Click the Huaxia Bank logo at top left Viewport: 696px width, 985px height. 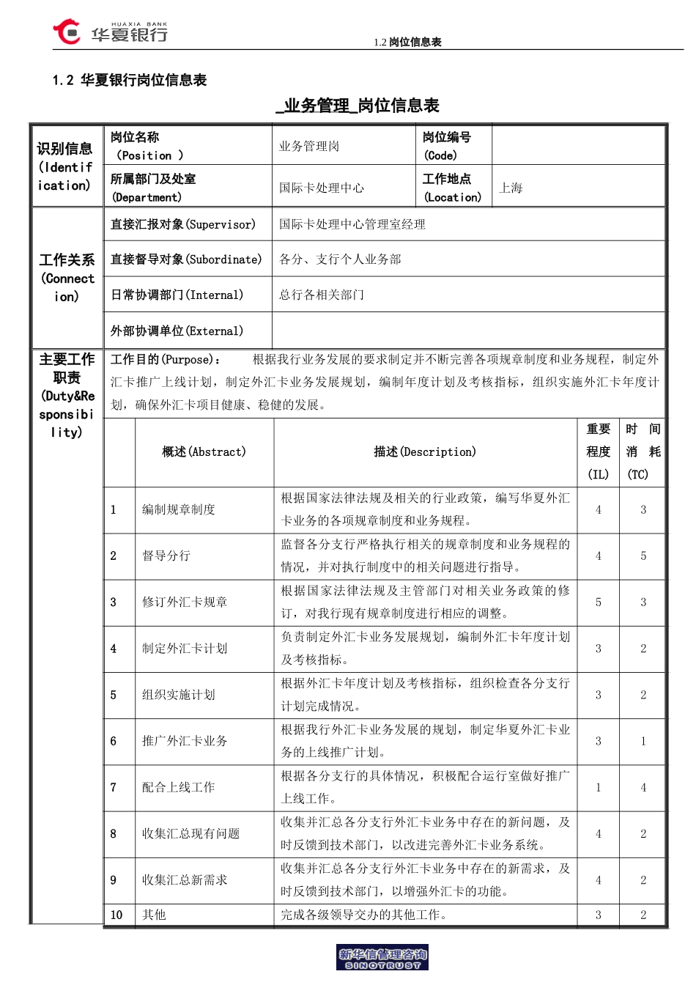click(x=110, y=33)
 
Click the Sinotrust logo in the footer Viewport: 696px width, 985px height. click(x=382, y=958)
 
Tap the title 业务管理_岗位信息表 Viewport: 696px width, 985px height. click(x=358, y=106)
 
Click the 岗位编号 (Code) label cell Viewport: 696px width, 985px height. click(x=447, y=146)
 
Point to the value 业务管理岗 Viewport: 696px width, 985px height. click(x=309, y=147)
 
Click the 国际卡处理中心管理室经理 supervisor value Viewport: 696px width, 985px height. click(x=352, y=224)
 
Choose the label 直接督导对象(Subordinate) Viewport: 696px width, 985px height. click(x=186, y=259)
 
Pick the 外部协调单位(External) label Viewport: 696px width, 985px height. click(x=177, y=331)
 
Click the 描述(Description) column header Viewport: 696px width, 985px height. click(x=425, y=452)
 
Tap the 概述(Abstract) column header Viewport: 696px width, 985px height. click(x=204, y=452)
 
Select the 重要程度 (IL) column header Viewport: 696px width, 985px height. click(x=598, y=451)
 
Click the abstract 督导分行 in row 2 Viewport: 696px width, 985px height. click(x=166, y=556)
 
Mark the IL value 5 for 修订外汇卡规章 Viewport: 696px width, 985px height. click(x=599, y=602)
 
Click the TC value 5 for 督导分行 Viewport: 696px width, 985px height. click(x=643, y=556)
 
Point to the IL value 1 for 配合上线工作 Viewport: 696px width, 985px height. click(x=599, y=788)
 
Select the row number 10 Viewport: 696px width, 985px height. click(x=116, y=915)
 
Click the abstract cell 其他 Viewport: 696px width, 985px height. click(x=155, y=915)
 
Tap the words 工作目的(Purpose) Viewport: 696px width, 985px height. click(x=165, y=360)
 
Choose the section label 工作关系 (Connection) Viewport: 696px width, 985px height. click(x=67, y=278)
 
